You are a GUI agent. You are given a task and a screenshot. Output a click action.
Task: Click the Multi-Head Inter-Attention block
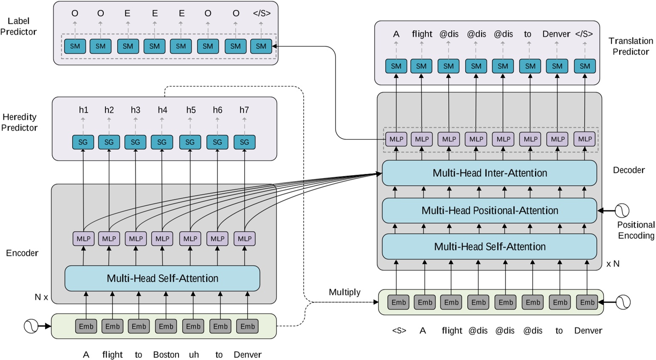point(489,173)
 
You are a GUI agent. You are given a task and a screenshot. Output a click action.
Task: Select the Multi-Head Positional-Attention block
point(489,210)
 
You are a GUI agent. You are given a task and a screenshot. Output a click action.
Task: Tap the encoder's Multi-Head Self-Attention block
point(162,278)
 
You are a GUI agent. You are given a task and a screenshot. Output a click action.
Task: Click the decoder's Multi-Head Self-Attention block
point(489,247)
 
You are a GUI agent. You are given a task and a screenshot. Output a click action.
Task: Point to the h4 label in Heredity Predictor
point(162,110)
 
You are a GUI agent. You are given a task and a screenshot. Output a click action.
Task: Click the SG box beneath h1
point(83,142)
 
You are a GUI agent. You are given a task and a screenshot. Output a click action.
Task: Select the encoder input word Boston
point(166,354)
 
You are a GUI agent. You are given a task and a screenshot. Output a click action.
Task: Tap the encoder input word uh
point(194,354)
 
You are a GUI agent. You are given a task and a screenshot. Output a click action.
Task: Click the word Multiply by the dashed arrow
point(345,292)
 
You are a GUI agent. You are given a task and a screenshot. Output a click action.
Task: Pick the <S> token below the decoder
point(399,331)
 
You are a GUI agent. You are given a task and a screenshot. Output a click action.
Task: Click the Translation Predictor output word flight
point(422,34)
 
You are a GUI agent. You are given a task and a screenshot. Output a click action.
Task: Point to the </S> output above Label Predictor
point(262,13)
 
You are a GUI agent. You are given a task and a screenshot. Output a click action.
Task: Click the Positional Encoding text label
point(636,230)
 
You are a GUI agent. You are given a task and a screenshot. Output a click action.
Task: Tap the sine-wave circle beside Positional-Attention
point(622,210)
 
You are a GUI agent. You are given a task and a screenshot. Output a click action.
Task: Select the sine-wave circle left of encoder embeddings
point(31,326)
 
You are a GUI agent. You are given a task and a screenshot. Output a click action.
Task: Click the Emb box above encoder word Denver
point(247,326)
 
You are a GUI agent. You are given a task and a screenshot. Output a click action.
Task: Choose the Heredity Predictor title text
point(19,122)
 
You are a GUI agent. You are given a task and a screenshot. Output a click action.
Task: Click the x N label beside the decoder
point(613,264)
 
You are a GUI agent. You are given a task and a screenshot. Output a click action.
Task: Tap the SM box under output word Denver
point(557,66)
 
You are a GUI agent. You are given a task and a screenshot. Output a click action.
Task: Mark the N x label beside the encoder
point(41,297)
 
